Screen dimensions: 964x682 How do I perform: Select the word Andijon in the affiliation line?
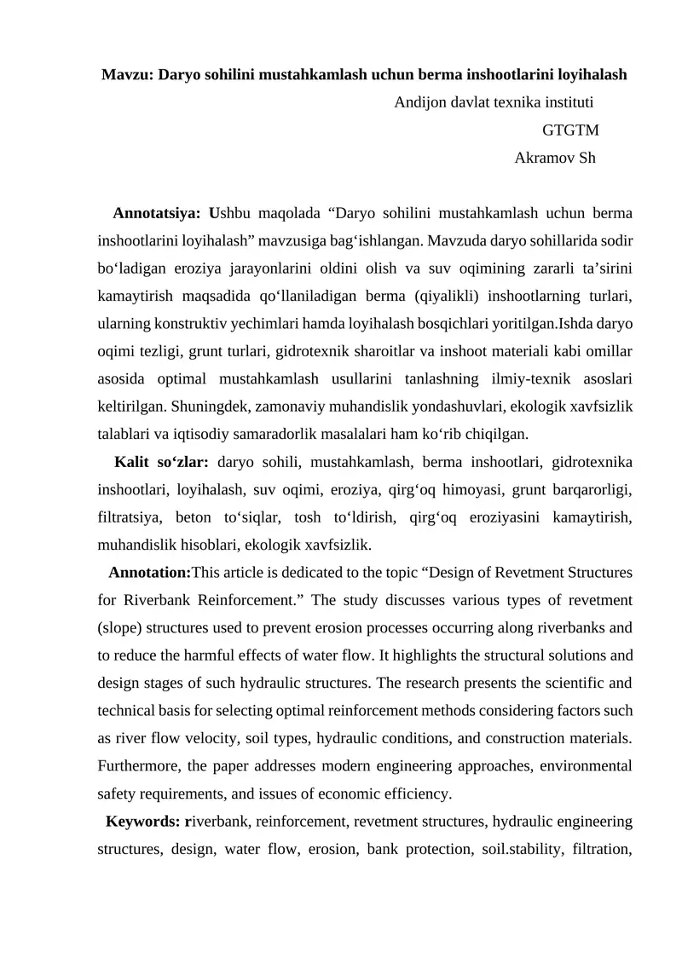tap(418, 102)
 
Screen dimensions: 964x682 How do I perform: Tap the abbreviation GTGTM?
tap(570, 130)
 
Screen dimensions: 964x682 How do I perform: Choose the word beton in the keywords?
tap(195, 518)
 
